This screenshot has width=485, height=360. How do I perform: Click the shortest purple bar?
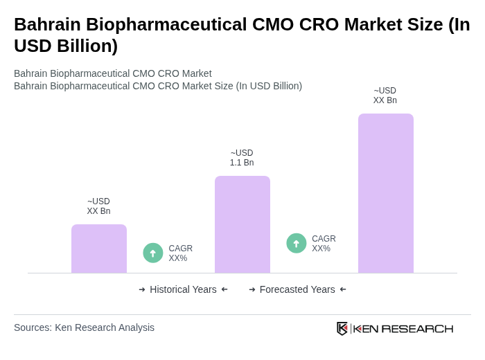99,249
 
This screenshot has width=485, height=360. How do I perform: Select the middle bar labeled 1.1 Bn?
242,224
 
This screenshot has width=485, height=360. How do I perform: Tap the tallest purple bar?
385,193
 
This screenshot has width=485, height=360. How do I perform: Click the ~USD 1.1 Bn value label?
242,158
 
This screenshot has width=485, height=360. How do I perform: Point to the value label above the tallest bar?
385,96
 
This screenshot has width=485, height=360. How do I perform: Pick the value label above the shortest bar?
98,206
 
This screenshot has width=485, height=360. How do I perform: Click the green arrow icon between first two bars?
153,253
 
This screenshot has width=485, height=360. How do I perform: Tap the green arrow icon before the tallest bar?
297,243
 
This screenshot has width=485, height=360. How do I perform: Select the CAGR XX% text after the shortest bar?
180,253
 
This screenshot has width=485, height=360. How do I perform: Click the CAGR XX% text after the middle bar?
324,244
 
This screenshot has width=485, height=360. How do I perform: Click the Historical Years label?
183,289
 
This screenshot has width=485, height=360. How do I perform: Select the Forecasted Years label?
297,289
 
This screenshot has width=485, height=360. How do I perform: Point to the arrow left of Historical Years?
142,289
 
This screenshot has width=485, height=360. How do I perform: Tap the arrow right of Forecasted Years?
343,289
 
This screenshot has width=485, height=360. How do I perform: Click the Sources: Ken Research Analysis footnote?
84,327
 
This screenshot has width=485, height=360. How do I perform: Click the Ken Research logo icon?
342,328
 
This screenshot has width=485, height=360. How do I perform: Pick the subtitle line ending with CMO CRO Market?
113,73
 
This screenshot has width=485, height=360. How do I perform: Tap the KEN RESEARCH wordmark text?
403,329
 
